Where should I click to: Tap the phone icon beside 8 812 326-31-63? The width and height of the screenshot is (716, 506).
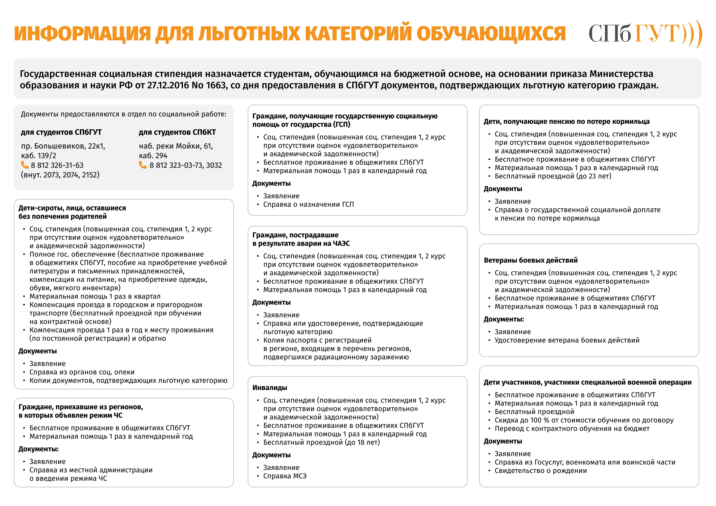25,165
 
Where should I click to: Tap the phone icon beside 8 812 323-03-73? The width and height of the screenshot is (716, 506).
143,165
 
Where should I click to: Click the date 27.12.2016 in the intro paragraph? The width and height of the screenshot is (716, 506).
167,85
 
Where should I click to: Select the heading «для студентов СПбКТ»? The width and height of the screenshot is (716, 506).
177,132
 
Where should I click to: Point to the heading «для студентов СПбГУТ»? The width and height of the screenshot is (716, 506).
61,132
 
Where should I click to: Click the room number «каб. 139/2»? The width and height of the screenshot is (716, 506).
39,156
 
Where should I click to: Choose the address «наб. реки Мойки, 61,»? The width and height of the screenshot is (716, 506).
176,146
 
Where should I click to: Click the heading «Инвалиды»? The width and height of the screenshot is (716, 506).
269,388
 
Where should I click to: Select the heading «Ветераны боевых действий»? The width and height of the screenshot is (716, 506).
531,260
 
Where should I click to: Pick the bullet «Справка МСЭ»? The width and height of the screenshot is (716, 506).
285,476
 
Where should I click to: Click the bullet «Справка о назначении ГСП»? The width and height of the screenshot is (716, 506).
308,204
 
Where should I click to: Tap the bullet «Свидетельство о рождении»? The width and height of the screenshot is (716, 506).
540,471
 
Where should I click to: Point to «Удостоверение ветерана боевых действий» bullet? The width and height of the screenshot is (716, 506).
567,340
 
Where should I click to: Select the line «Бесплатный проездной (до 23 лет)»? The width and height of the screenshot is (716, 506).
553,176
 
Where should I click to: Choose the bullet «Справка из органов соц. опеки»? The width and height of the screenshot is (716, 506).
82,372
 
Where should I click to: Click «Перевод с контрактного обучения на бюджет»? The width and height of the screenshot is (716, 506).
572,428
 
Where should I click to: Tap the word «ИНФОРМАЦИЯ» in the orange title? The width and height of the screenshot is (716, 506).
82,34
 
